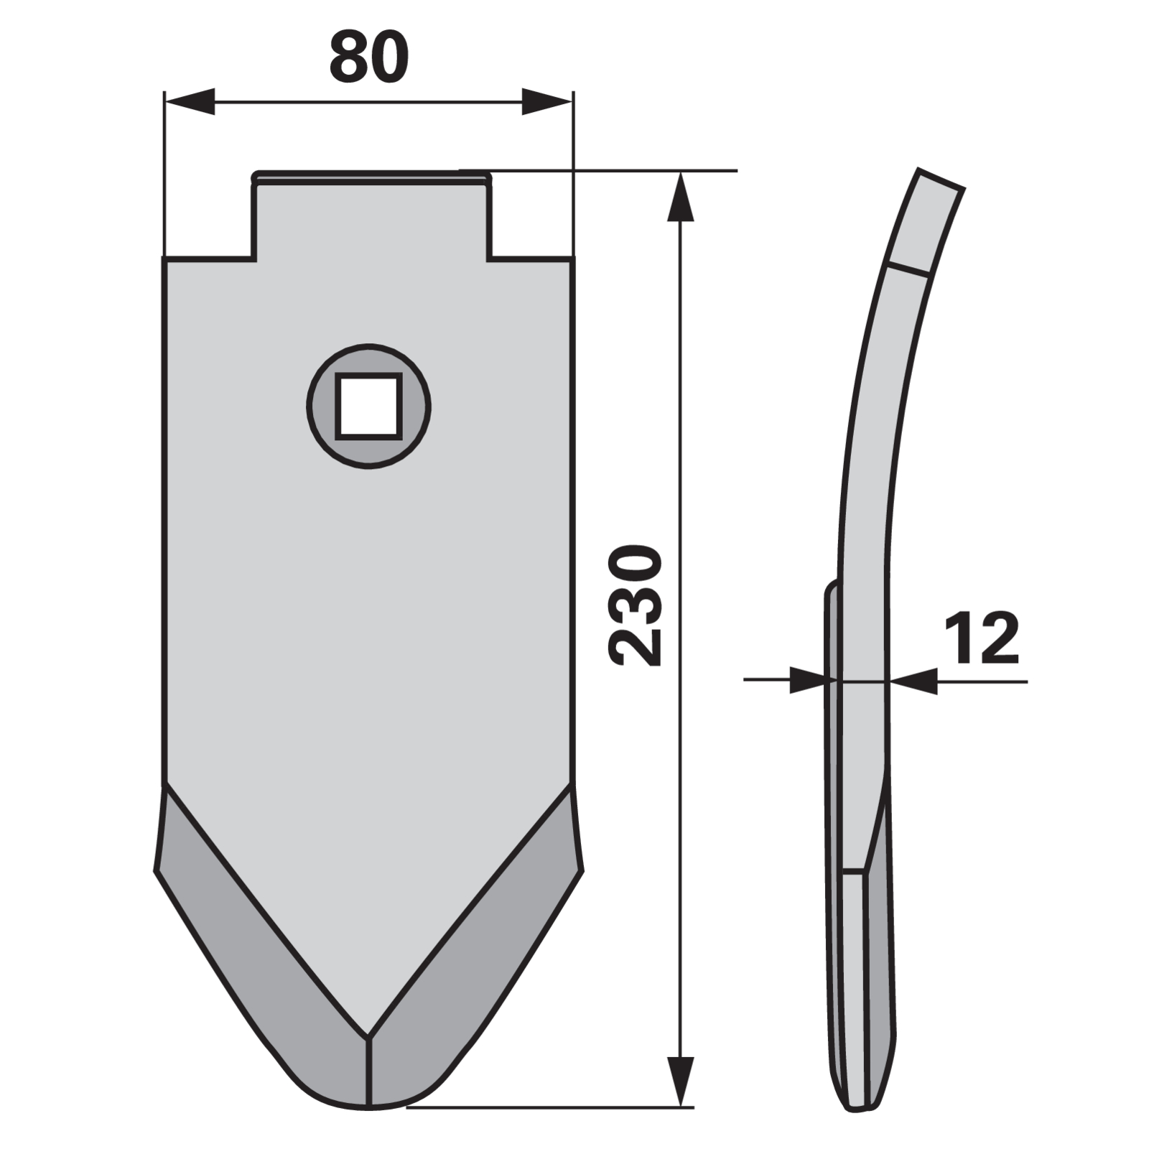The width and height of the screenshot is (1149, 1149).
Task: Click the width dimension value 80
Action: [x=369, y=57]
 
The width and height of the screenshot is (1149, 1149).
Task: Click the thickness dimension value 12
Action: [x=981, y=638]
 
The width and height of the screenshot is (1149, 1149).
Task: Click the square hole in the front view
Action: [x=368, y=406]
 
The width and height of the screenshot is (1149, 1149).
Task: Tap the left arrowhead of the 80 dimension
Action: [x=190, y=101]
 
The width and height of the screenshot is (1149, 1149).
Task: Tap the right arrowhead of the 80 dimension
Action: [x=547, y=101]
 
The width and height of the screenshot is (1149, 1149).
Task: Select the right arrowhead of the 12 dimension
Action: [x=913, y=681]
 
